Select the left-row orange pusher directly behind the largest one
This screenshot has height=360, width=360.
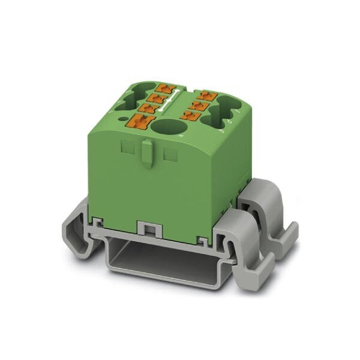pos(147,109)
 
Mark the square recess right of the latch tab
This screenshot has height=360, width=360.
pos(170,154)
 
